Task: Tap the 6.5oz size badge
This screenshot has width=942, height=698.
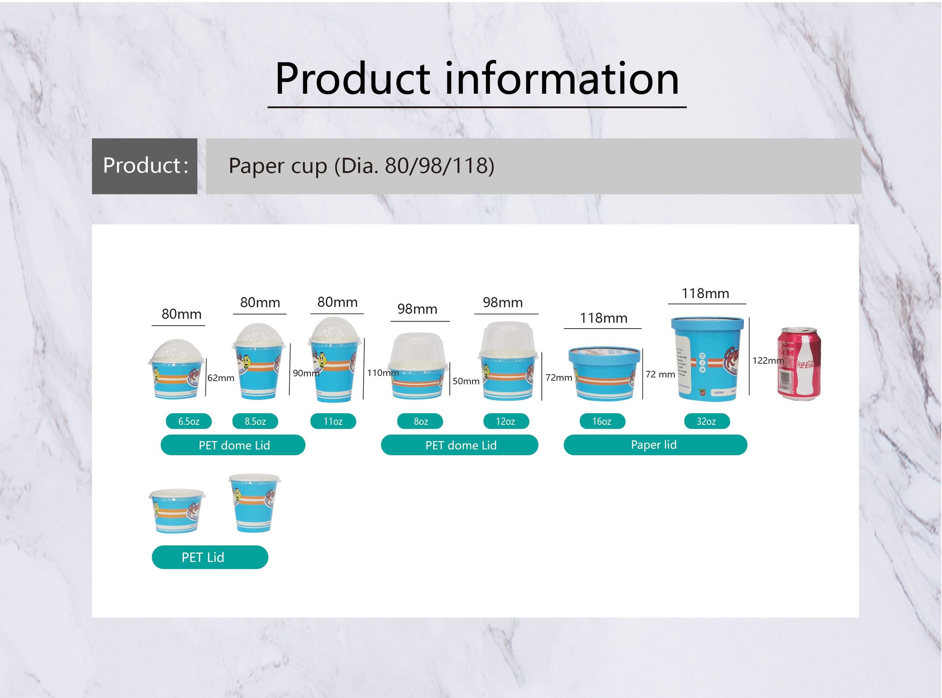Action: pos(189,421)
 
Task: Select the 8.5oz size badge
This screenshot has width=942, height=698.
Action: pos(255,421)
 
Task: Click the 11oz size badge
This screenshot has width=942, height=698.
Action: pos(333,421)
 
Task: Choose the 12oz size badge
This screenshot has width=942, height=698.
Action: pos(506,421)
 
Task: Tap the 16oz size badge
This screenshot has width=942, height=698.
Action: pos(602,421)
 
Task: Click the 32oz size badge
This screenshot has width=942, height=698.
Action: pos(707,421)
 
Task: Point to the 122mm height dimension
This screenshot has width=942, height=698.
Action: pos(767,360)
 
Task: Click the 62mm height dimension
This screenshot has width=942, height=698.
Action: pos(221,378)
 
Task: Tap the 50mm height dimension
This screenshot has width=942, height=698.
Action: pos(466,381)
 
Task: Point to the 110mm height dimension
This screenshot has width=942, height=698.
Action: pos(382,373)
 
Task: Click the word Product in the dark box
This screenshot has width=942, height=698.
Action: pos(142,165)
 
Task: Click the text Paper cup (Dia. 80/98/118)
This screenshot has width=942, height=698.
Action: pos(361,166)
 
